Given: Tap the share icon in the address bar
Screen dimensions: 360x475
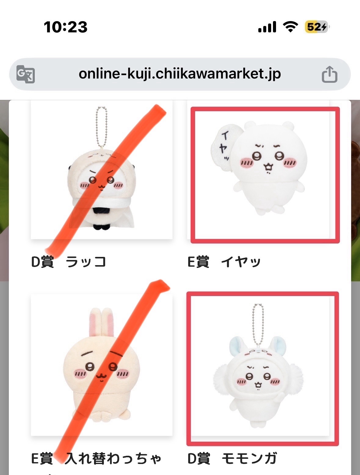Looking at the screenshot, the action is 329,74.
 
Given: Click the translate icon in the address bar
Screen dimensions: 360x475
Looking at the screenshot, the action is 26,74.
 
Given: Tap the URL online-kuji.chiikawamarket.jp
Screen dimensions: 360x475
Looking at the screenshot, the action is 180,74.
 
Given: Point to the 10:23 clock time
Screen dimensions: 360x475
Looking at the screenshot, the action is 66,27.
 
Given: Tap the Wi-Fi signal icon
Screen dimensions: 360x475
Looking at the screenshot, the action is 291,27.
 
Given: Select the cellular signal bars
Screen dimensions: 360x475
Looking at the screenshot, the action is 267,27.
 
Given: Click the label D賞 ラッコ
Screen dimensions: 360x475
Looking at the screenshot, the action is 69,262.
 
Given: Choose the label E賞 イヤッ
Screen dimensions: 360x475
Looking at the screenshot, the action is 224,262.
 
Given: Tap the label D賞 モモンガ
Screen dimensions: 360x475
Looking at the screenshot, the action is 232,458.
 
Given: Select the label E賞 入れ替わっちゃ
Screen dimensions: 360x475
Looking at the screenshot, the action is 96,458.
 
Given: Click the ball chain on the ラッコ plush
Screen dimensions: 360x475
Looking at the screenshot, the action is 102,128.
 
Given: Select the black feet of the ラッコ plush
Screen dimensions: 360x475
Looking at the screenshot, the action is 102,227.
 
